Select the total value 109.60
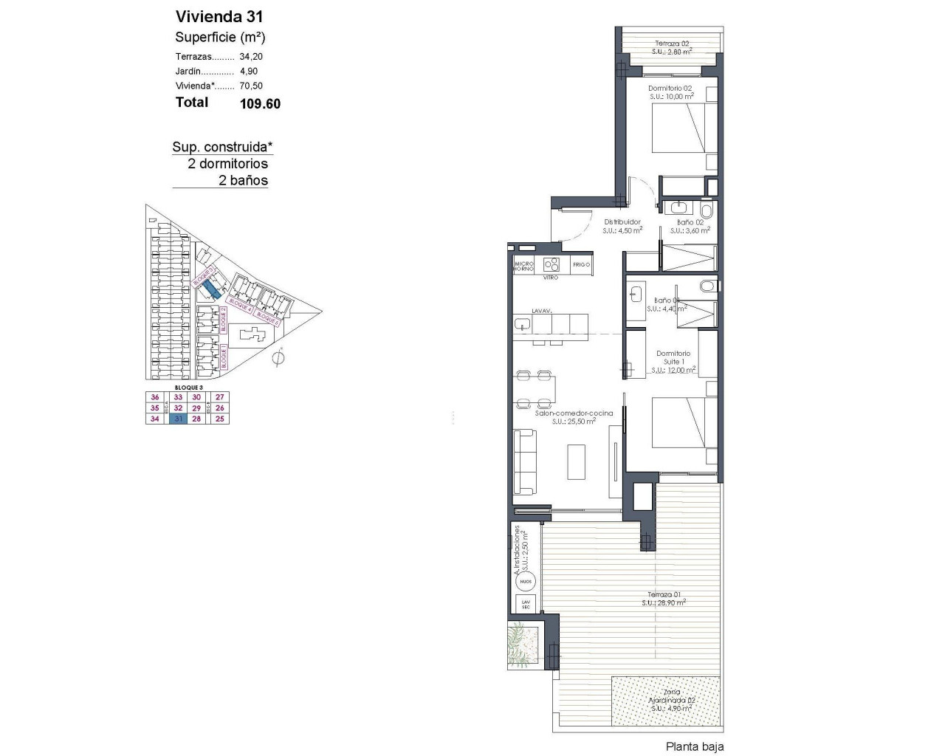coord(260,104)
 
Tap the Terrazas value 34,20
coord(251,56)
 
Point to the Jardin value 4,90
coord(249,71)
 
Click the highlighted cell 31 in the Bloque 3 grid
coord(177,419)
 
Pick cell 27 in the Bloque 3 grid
coord(220,397)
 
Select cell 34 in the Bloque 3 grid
coord(154,419)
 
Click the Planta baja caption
coord(694,746)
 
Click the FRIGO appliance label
coord(582,264)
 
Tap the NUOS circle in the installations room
coord(526,582)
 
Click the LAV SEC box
coord(526,604)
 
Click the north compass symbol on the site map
coord(278,359)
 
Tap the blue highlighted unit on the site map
coord(211,287)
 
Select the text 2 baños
coord(243,180)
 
